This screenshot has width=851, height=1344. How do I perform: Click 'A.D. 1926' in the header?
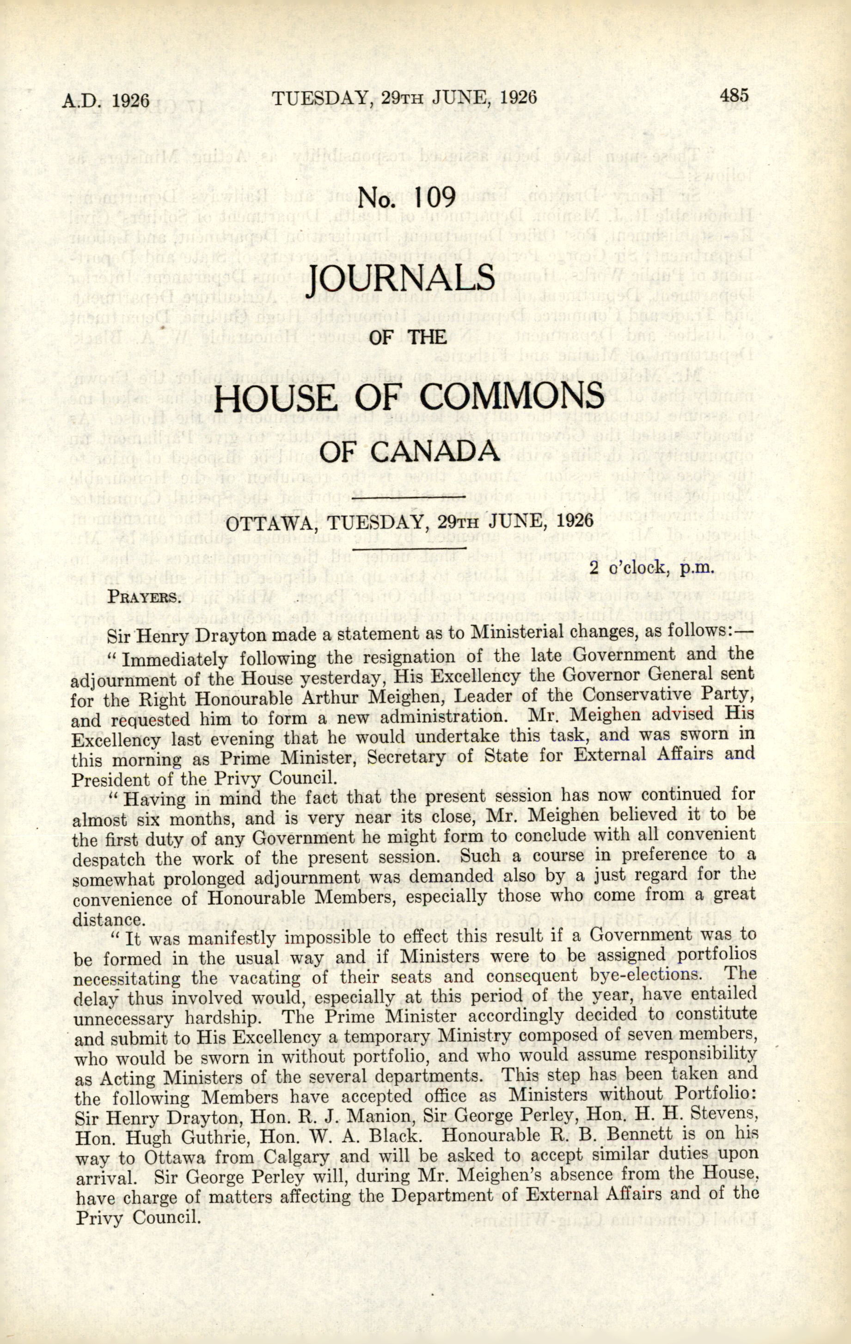[106, 100]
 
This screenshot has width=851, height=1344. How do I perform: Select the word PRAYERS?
[144, 597]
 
